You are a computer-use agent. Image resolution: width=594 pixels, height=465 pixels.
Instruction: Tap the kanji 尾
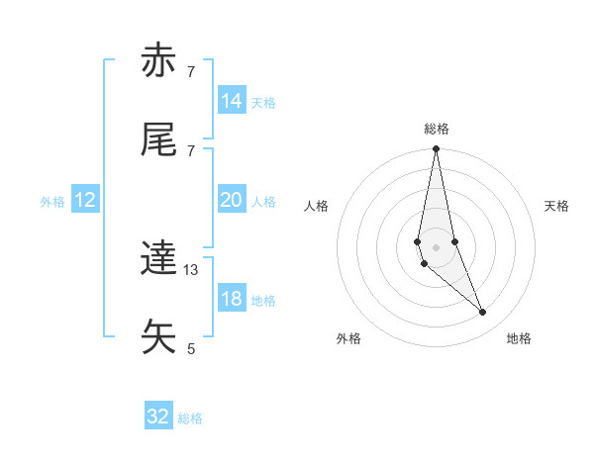(159, 140)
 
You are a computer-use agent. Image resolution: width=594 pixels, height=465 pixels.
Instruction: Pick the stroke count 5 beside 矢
(191, 348)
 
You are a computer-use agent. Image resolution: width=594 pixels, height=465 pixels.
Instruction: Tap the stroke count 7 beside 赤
(191, 71)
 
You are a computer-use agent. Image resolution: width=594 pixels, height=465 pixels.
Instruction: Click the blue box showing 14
(232, 101)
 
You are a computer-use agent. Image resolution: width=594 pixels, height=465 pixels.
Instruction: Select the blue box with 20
(232, 200)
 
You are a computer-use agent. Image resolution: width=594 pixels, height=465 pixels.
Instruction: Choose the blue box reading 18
(232, 299)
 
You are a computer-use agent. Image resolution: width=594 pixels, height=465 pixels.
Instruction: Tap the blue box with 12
(85, 200)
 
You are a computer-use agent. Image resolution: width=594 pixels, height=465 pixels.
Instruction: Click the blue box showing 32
(158, 417)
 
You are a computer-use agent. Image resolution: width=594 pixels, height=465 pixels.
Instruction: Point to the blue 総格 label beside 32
(190, 418)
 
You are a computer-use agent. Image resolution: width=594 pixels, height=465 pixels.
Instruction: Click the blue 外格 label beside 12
(52, 202)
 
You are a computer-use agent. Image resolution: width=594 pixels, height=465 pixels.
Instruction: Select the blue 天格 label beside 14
(263, 103)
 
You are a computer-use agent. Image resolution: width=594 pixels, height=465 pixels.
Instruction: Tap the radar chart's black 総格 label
(437, 129)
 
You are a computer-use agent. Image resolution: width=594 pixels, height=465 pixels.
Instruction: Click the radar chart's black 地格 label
(519, 339)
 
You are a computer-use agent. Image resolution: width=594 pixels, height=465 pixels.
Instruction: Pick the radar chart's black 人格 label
(317, 206)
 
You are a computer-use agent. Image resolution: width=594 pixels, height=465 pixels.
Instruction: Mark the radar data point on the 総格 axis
(437, 149)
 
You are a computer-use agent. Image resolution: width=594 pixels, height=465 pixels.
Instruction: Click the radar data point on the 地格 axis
(483, 313)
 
